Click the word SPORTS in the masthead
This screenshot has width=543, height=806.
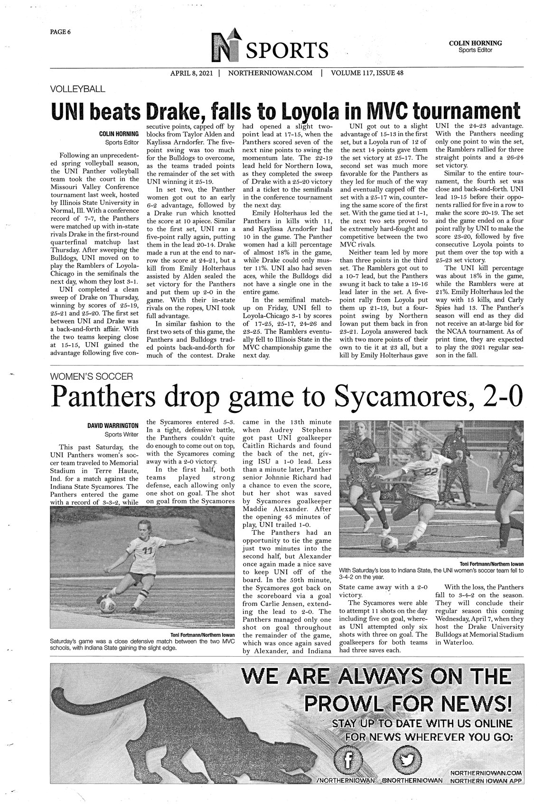(x=287, y=51)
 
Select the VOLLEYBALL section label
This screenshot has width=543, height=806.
(x=78, y=88)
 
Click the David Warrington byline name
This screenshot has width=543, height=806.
(x=112, y=425)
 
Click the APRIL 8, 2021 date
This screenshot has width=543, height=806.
(x=191, y=73)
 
